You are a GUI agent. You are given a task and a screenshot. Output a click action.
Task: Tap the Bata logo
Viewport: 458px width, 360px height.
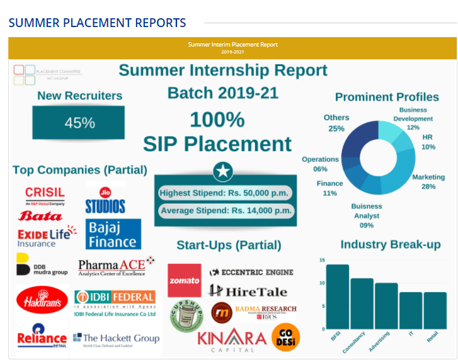click(41, 217)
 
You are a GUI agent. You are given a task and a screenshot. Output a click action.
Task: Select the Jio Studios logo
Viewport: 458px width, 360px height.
click(105, 200)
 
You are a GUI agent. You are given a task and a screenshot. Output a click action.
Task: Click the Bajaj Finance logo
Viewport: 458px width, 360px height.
click(113, 233)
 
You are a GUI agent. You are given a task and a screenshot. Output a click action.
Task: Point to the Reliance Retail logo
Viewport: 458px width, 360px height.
click(42, 336)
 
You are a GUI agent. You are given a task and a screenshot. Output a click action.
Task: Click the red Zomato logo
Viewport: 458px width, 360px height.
click(185, 280)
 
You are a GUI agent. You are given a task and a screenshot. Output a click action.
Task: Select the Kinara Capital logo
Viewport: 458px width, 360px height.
click(232, 340)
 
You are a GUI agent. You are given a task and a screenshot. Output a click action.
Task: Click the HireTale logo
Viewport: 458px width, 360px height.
click(248, 291)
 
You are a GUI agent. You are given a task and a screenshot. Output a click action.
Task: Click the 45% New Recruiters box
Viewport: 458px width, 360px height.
click(79, 122)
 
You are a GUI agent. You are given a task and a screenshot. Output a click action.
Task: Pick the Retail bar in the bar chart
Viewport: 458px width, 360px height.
click(435, 310)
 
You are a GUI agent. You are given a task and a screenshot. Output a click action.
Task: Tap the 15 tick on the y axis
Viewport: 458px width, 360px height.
click(322, 260)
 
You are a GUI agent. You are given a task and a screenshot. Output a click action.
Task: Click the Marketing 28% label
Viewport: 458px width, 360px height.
click(428, 182)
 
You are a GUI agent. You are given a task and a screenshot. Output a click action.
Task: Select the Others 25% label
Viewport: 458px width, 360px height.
click(336, 123)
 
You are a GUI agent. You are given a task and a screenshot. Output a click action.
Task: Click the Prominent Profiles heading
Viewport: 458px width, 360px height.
click(387, 97)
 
